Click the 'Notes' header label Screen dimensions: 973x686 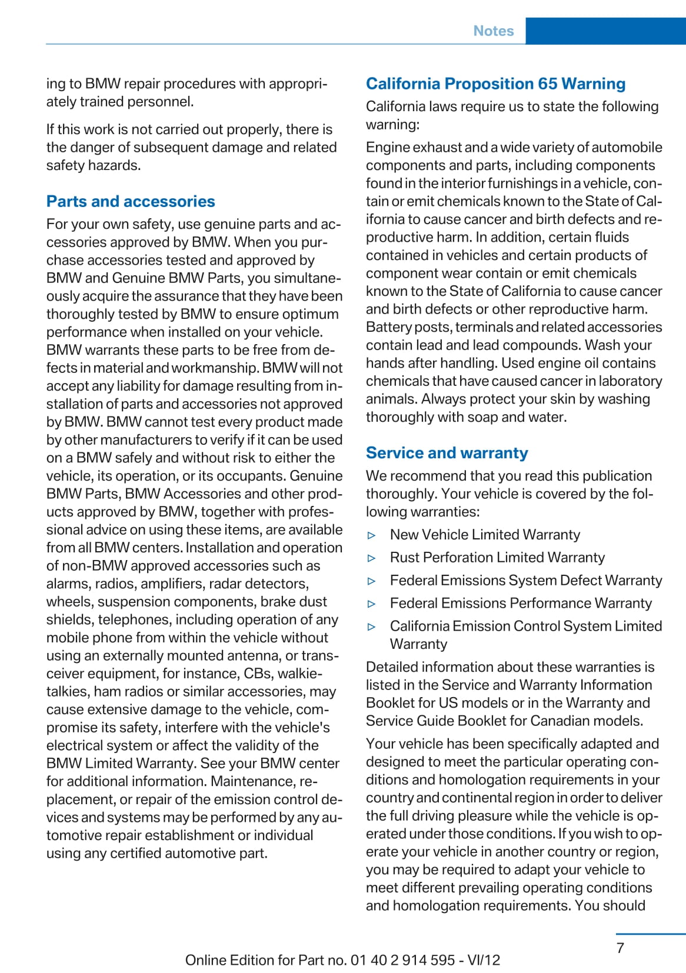(493, 31)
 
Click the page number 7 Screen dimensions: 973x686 (620, 948)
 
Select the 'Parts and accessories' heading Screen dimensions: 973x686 (131, 201)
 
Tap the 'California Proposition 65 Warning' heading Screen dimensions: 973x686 (495, 84)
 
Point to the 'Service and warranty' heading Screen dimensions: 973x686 (447, 452)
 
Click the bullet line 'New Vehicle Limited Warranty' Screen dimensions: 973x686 (485, 535)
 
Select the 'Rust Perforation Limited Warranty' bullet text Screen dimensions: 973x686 (497, 558)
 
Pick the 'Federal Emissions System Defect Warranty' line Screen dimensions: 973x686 (526, 581)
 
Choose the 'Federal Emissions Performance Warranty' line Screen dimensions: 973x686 (521, 604)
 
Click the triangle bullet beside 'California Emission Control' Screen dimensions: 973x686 (371, 627)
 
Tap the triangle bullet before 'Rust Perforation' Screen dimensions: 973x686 (371, 558)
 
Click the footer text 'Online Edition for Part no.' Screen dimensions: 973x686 (266, 960)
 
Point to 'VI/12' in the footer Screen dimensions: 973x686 (484, 960)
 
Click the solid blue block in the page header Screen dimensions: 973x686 (605, 31)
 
